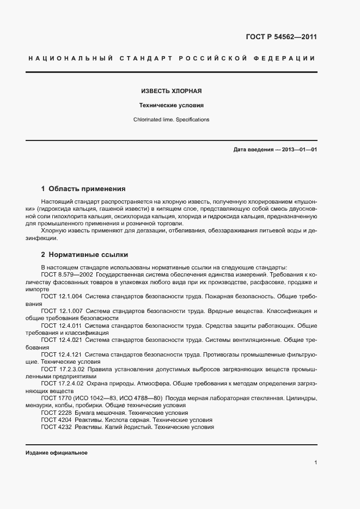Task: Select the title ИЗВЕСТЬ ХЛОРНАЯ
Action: [172, 91]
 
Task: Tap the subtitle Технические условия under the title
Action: [172, 106]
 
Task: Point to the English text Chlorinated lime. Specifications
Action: [172, 120]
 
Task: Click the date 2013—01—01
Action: [300, 150]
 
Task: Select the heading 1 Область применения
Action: [83, 189]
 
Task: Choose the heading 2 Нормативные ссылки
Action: [84, 255]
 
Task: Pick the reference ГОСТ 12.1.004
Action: [62, 297]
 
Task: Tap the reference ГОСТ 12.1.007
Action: [62, 311]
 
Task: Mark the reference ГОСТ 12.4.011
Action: [62, 326]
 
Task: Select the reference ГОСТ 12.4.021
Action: [62, 340]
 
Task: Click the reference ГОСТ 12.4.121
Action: [62, 354]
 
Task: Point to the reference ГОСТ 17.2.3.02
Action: [63, 369]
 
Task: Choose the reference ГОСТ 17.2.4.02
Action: [63, 384]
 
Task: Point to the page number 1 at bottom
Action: [315, 463]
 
